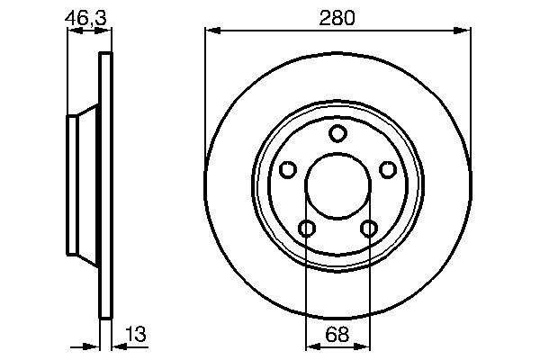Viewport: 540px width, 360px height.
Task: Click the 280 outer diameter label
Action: tap(337, 17)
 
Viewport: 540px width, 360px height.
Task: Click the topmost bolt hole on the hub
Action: tap(337, 134)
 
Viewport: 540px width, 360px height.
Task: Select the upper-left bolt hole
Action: tap(288, 169)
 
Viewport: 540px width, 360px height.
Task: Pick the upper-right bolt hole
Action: tap(388, 169)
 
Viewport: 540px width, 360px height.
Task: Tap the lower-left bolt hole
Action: tap(307, 229)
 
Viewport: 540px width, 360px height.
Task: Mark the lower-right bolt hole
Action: tap(369, 229)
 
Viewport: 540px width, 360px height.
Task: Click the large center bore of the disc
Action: tap(337, 186)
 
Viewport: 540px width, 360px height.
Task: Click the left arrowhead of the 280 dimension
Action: tap(211, 30)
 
